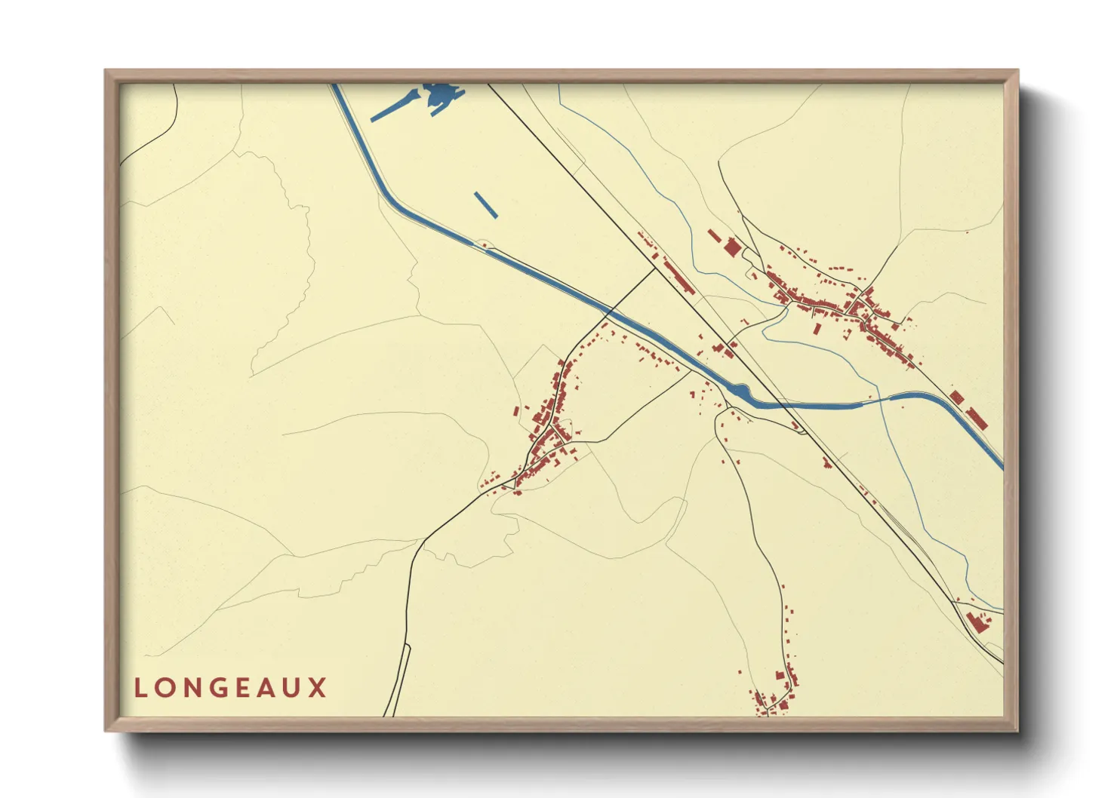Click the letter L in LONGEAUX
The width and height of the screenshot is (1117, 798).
[140, 688]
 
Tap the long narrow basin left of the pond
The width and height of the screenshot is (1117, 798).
[395, 106]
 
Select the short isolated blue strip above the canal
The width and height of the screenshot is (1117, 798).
[485, 204]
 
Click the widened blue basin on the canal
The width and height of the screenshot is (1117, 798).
[740, 392]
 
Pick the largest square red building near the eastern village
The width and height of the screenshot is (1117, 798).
[732, 247]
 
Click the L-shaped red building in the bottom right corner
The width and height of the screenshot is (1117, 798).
[977, 622]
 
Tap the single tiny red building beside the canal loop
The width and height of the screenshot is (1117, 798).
[484, 244]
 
